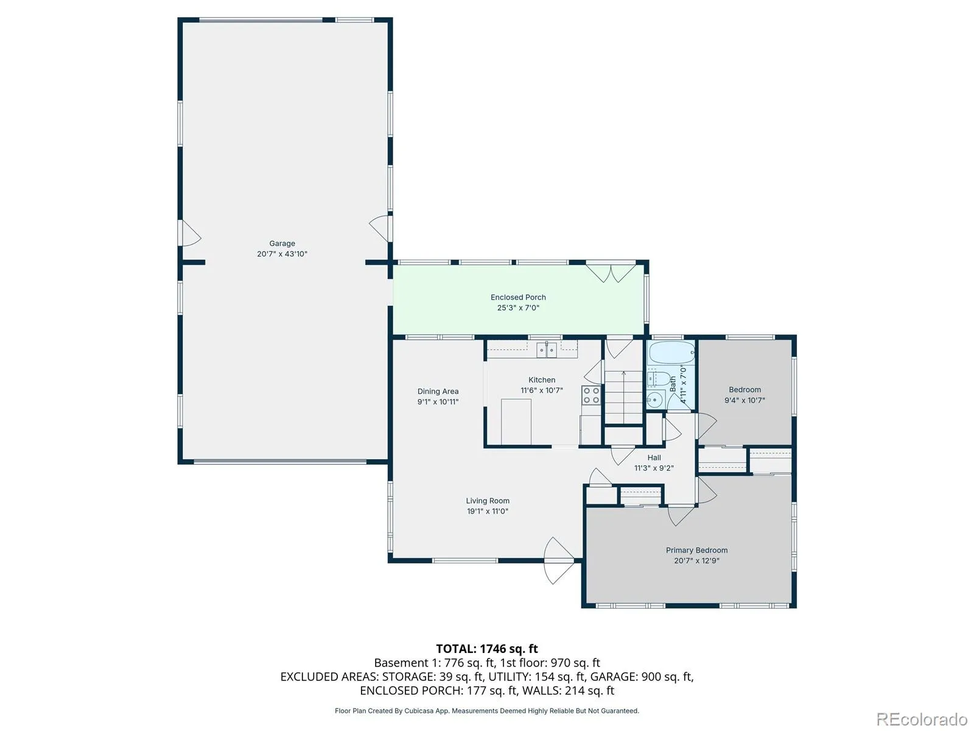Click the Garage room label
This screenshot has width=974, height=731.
click(x=282, y=243)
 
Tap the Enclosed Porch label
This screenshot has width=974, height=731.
click(x=518, y=297)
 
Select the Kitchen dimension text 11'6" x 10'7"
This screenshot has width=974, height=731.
click(x=541, y=390)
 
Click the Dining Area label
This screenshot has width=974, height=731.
click(x=438, y=392)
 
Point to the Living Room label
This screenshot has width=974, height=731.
click(x=487, y=501)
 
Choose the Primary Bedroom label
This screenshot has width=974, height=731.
click(x=696, y=550)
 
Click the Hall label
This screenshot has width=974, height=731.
click(x=654, y=457)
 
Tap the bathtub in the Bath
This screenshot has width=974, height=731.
click(x=671, y=353)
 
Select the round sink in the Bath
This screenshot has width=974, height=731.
click(x=655, y=400)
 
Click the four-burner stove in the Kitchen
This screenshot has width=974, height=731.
click(x=590, y=395)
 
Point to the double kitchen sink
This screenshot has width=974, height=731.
click(x=546, y=350)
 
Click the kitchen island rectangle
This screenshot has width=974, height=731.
click(x=516, y=422)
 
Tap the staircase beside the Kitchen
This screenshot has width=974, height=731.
click(x=623, y=397)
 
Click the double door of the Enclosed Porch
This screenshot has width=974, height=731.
click(x=611, y=274)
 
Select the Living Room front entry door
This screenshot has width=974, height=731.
click(x=559, y=560)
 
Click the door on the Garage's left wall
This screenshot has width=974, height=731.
click(x=190, y=233)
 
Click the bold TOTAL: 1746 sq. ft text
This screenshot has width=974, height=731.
click(x=487, y=649)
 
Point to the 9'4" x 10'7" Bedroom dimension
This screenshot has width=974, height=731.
click(x=744, y=400)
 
